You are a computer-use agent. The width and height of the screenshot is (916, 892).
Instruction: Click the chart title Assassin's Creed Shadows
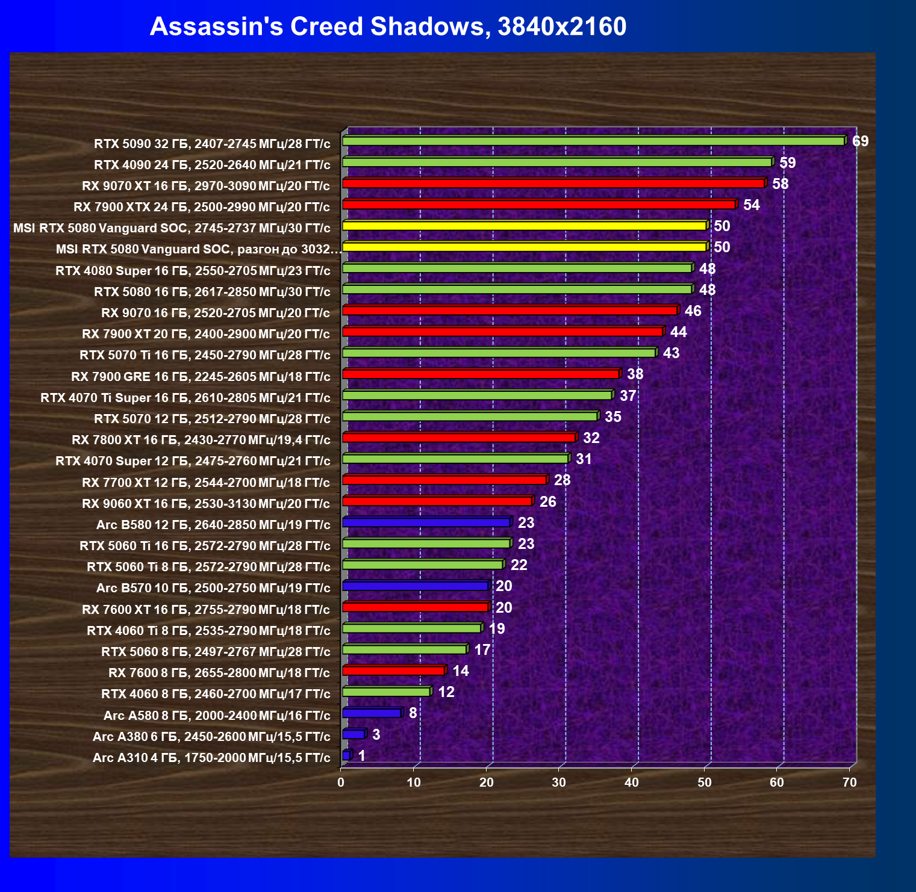(x=388, y=26)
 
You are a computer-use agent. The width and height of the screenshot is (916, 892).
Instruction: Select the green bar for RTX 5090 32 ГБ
(x=593, y=141)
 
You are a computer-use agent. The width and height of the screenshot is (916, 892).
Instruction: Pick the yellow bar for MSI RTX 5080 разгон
(x=524, y=247)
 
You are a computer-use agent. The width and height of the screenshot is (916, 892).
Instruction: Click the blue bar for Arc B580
(x=426, y=522)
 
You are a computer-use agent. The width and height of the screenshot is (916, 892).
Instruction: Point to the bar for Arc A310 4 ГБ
(x=346, y=755)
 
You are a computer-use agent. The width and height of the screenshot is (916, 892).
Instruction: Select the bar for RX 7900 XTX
(x=538, y=205)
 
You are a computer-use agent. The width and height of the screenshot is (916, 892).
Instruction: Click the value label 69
(x=860, y=141)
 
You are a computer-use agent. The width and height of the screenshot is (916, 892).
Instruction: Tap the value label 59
(x=787, y=163)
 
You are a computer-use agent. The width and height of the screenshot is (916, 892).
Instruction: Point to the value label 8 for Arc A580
(x=413, y=713)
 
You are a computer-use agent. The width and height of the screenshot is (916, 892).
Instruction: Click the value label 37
(x=628, y=396)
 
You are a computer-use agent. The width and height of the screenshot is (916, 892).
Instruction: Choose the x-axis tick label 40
(x=631, y=782)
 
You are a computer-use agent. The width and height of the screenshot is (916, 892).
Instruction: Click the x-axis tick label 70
(x=849, y=782)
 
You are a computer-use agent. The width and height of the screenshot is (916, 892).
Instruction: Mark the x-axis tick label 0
(x=341, y=782)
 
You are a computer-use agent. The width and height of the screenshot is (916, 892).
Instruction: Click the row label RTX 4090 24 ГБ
(x=212, y=165)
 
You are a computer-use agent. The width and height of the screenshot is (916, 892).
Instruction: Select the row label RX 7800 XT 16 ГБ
(x=201, y=440)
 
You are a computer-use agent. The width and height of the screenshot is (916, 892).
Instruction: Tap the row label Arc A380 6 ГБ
(x=211, y=737)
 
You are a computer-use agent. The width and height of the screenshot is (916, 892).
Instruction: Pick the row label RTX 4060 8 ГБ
(x=216, y=694)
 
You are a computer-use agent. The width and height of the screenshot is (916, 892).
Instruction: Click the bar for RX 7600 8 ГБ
(x=393, y=671)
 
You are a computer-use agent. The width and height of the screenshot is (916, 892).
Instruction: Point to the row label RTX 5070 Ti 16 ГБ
(x=205, y=355)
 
